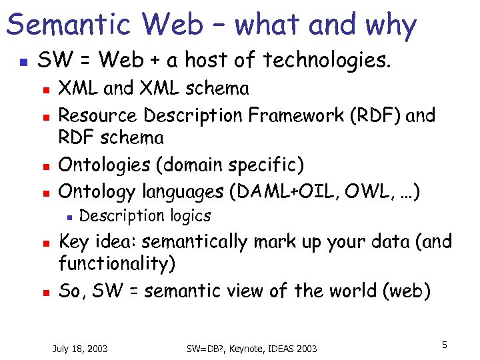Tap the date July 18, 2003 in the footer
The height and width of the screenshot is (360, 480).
coord(80,349)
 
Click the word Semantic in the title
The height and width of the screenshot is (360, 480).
coord(65,25)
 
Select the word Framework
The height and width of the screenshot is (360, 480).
coord(286,115)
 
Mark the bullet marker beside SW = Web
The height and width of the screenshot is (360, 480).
coord(22,62)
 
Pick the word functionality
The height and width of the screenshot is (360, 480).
coord(117,264)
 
